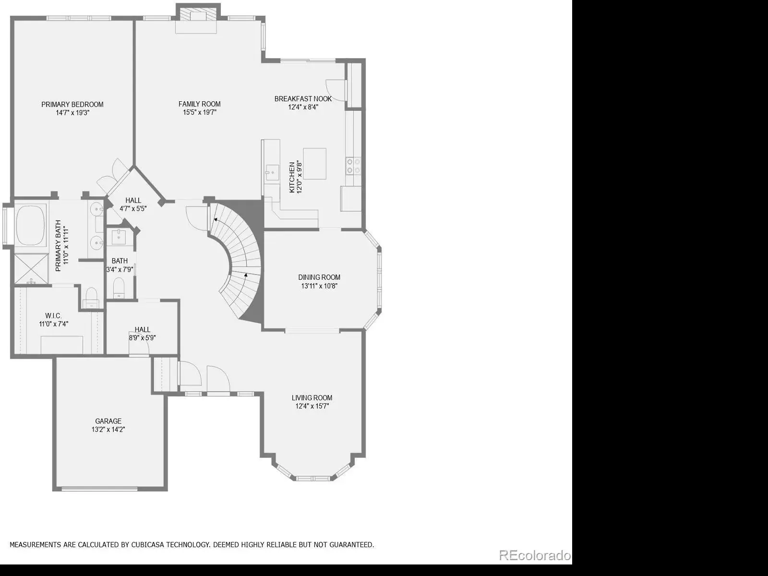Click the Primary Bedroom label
72,105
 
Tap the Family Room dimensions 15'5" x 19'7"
199,112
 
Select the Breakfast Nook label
303,99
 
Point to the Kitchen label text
292,177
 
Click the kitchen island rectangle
314,164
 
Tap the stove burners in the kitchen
353,166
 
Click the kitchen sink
272,172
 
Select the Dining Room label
319,277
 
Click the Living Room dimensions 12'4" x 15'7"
312,406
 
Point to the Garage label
108,421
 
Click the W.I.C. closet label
54,316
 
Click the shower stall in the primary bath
31,269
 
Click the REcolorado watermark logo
535,555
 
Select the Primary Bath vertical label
61,245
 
